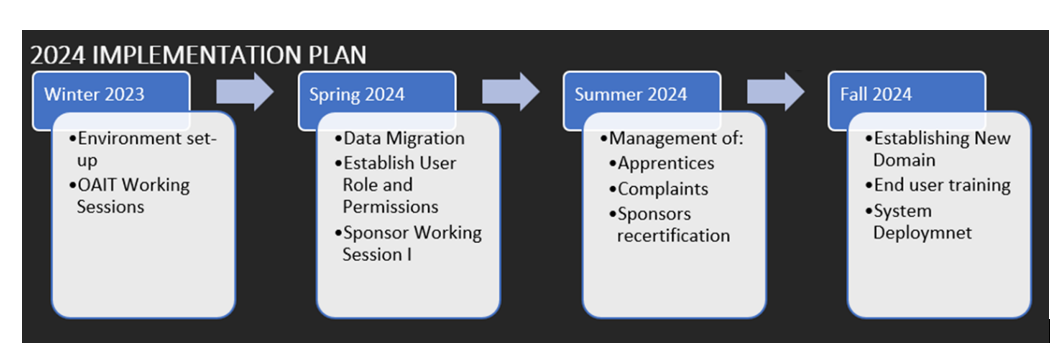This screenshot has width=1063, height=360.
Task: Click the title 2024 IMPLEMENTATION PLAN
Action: click(x=198, y=55)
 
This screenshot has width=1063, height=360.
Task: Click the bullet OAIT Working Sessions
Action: click(x=129, y=195)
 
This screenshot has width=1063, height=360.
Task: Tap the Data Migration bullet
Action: click(x=400, y=138)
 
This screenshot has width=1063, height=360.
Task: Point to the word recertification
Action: click(x=673, y=235)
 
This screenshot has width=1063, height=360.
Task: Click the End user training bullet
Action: click(x=938, y=185)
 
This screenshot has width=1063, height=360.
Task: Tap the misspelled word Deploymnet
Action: click(x=923, y=233)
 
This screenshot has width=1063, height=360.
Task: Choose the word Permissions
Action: click(x=390, y=206)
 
